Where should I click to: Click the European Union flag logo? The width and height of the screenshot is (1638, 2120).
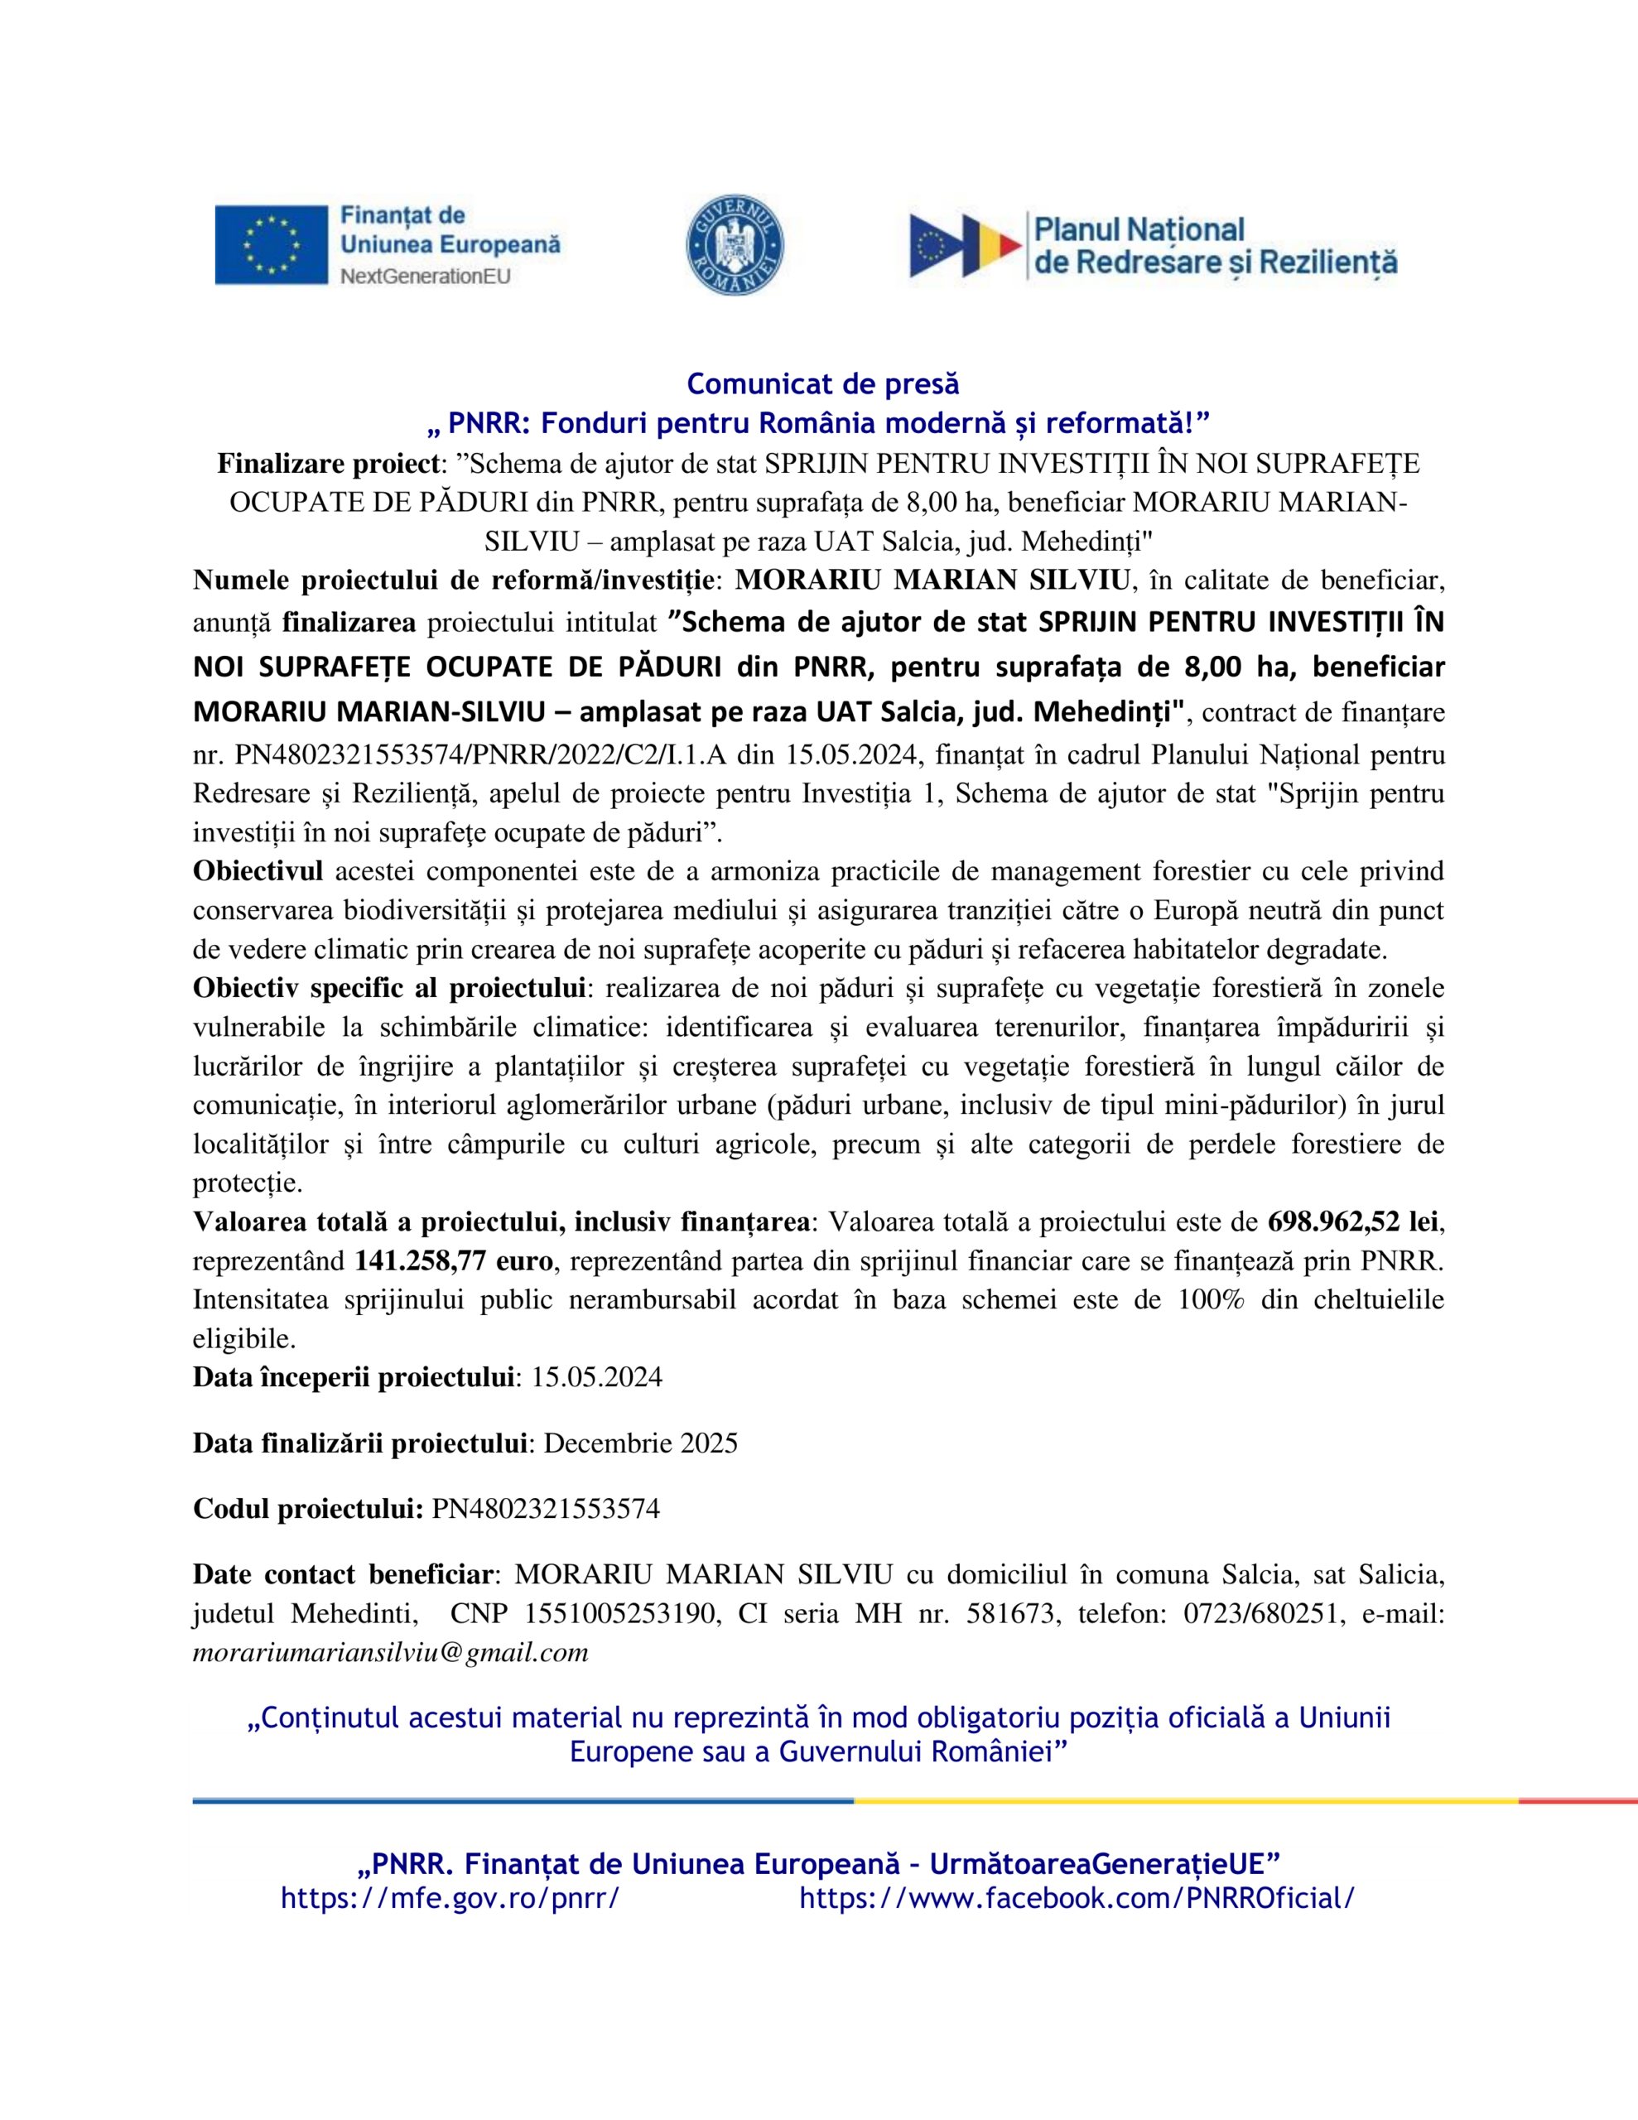(271, 244)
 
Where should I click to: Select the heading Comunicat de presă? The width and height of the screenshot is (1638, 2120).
(822, 384)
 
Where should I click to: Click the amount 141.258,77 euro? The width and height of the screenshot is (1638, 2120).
(454, 1261)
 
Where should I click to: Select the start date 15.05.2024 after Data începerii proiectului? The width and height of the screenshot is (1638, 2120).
(596, 1377)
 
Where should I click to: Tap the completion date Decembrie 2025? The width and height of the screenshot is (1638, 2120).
(640, 1443)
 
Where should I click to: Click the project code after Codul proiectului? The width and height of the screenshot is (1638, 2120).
(546, 1509)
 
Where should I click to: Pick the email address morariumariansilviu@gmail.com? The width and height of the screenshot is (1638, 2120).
(390, 1653)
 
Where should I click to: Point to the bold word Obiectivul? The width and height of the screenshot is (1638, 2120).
(258, 870)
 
